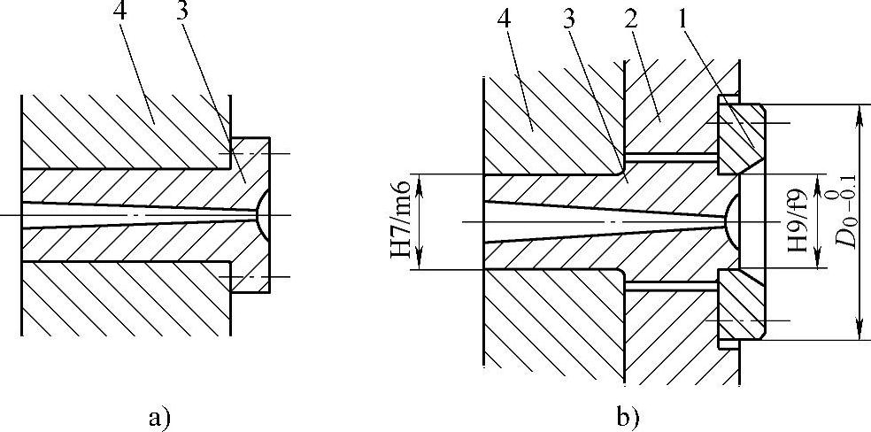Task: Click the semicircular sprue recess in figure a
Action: (260, 215)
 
